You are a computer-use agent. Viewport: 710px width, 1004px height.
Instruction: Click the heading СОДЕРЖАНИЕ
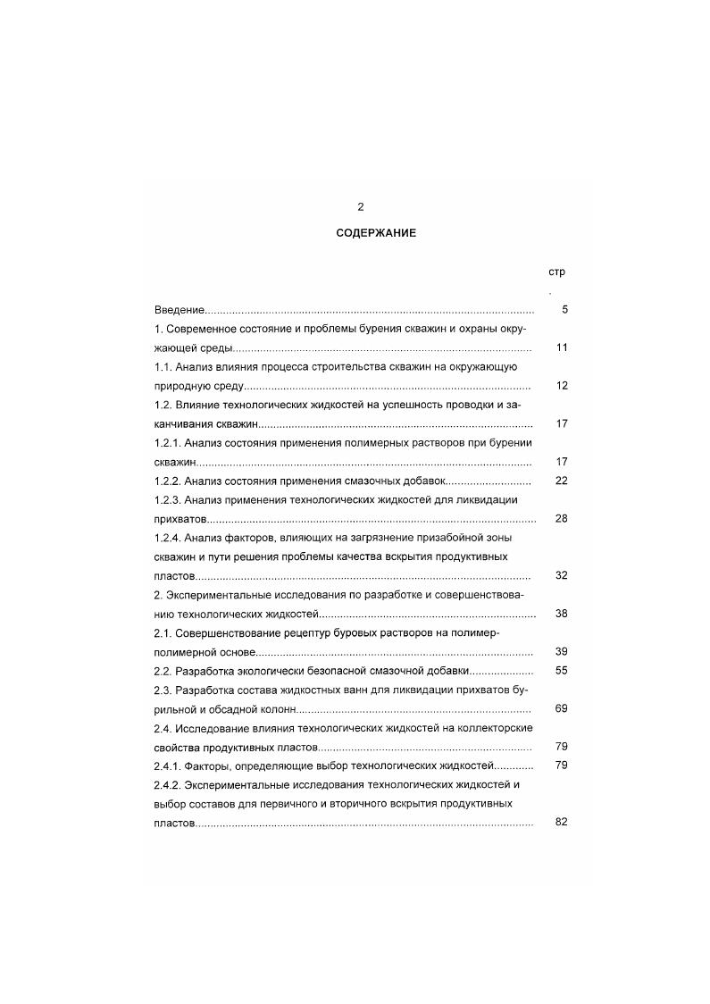pos(376,232)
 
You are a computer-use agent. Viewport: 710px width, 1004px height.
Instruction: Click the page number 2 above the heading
pos(361,207)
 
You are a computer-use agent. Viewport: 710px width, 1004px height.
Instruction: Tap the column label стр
pos(556,272)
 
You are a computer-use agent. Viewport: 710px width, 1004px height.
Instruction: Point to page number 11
pos(562,347)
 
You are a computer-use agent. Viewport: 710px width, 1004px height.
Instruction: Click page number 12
pos(562,386)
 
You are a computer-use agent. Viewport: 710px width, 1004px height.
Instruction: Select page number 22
pos(562,481)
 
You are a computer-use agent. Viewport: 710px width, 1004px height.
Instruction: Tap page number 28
pos(562,518)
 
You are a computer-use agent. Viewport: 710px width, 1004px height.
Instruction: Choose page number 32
pos(562,575)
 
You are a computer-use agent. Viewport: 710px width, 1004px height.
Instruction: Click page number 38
pos(562,614)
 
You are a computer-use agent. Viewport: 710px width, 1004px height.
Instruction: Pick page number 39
pos(562,651)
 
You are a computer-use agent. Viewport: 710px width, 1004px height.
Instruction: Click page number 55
pos(562,670)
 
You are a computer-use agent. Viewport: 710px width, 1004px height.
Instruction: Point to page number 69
pos(562,708)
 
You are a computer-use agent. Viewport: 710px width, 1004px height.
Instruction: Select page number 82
pos(562,822)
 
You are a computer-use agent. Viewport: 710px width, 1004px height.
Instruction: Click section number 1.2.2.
pos(169,481)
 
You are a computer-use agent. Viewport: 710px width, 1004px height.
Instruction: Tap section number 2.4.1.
pos(169,766)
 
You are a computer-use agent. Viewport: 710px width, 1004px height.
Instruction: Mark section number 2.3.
pos(163,690)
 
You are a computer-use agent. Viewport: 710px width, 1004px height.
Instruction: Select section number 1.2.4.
pos(169,538)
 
